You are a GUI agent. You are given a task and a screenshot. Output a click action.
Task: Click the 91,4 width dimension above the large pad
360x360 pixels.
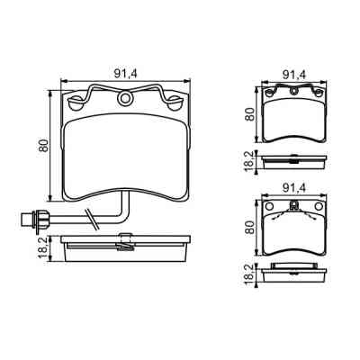pos(125,74)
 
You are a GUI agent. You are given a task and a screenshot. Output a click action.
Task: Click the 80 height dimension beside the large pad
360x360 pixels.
pos(44,146)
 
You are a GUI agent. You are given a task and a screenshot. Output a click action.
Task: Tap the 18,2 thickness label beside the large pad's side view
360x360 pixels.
pos(44,247)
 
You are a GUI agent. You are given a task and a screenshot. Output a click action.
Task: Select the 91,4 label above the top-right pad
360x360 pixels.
pos(294,75)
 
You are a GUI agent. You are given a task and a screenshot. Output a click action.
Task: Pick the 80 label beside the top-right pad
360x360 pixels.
pos(249,114)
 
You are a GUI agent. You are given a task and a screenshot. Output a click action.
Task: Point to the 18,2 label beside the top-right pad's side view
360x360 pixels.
pos(249,162)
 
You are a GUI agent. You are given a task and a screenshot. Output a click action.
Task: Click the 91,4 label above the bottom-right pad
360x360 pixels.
pos(294,188)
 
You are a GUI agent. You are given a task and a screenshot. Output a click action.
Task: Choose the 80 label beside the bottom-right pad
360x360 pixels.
pos(249,228)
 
